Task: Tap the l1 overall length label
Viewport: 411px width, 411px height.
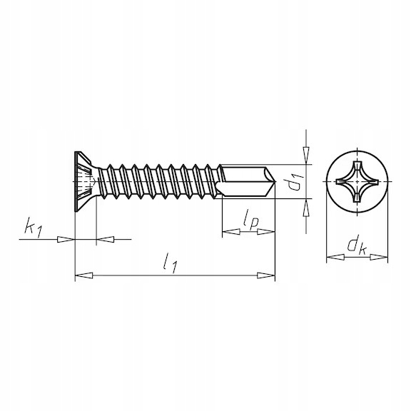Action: click(x=170, y=263)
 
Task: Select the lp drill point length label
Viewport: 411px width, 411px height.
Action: click(x=250, y=222)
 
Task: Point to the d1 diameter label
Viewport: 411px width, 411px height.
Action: click(x=295, y=181)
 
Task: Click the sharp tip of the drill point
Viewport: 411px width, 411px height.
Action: click(x=275, y=181)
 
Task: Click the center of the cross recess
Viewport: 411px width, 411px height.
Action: click(x=357, y=181)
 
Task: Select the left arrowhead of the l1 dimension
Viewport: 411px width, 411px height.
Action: click(x=84, y=275)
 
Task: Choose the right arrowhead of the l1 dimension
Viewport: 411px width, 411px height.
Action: click(x=266, y=275)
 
